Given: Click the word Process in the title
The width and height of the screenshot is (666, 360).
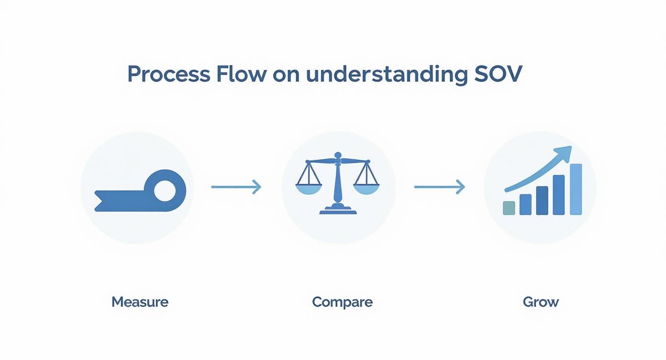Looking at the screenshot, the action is pos(169,74).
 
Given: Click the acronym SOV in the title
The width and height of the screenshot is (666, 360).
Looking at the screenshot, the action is pos(498,74).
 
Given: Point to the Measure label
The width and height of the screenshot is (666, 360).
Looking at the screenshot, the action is pos(140,302).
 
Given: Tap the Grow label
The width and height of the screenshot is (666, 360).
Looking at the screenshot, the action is pos(541,302).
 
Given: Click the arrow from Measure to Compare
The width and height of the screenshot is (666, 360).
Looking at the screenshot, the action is pos(236,187).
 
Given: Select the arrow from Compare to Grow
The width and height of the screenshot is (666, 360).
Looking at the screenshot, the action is pos(439,187).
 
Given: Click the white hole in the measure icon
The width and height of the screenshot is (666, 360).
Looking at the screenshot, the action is pos(165,191).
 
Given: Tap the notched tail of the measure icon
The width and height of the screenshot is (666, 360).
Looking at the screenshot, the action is pos(102,201).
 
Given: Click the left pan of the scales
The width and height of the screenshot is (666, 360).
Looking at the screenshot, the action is pos(309,189).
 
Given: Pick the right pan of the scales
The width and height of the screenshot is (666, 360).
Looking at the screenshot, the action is pos(366,189).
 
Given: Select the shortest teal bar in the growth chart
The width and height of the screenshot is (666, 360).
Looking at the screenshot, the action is pos(509,208).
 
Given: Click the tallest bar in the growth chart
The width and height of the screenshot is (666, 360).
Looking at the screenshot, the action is pos(576,189).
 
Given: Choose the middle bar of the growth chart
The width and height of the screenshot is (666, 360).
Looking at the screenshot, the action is pos(542,201).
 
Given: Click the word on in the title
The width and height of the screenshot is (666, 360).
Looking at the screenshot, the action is pos(286,76).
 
